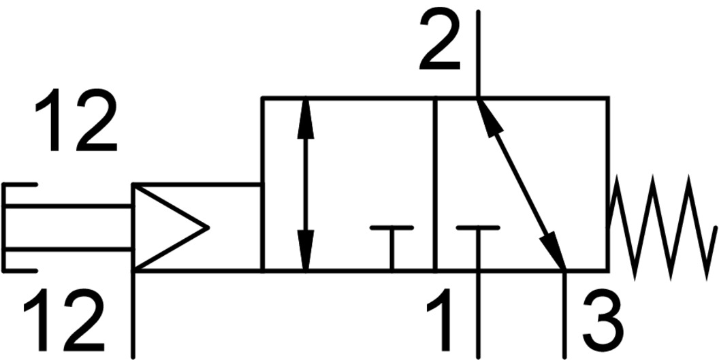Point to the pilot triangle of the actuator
coord(163,227)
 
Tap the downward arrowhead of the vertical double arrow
coord(306,252)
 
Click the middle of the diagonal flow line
coord(521,184)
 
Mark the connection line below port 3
coord(564,316)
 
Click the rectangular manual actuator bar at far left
coord(68,227)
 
